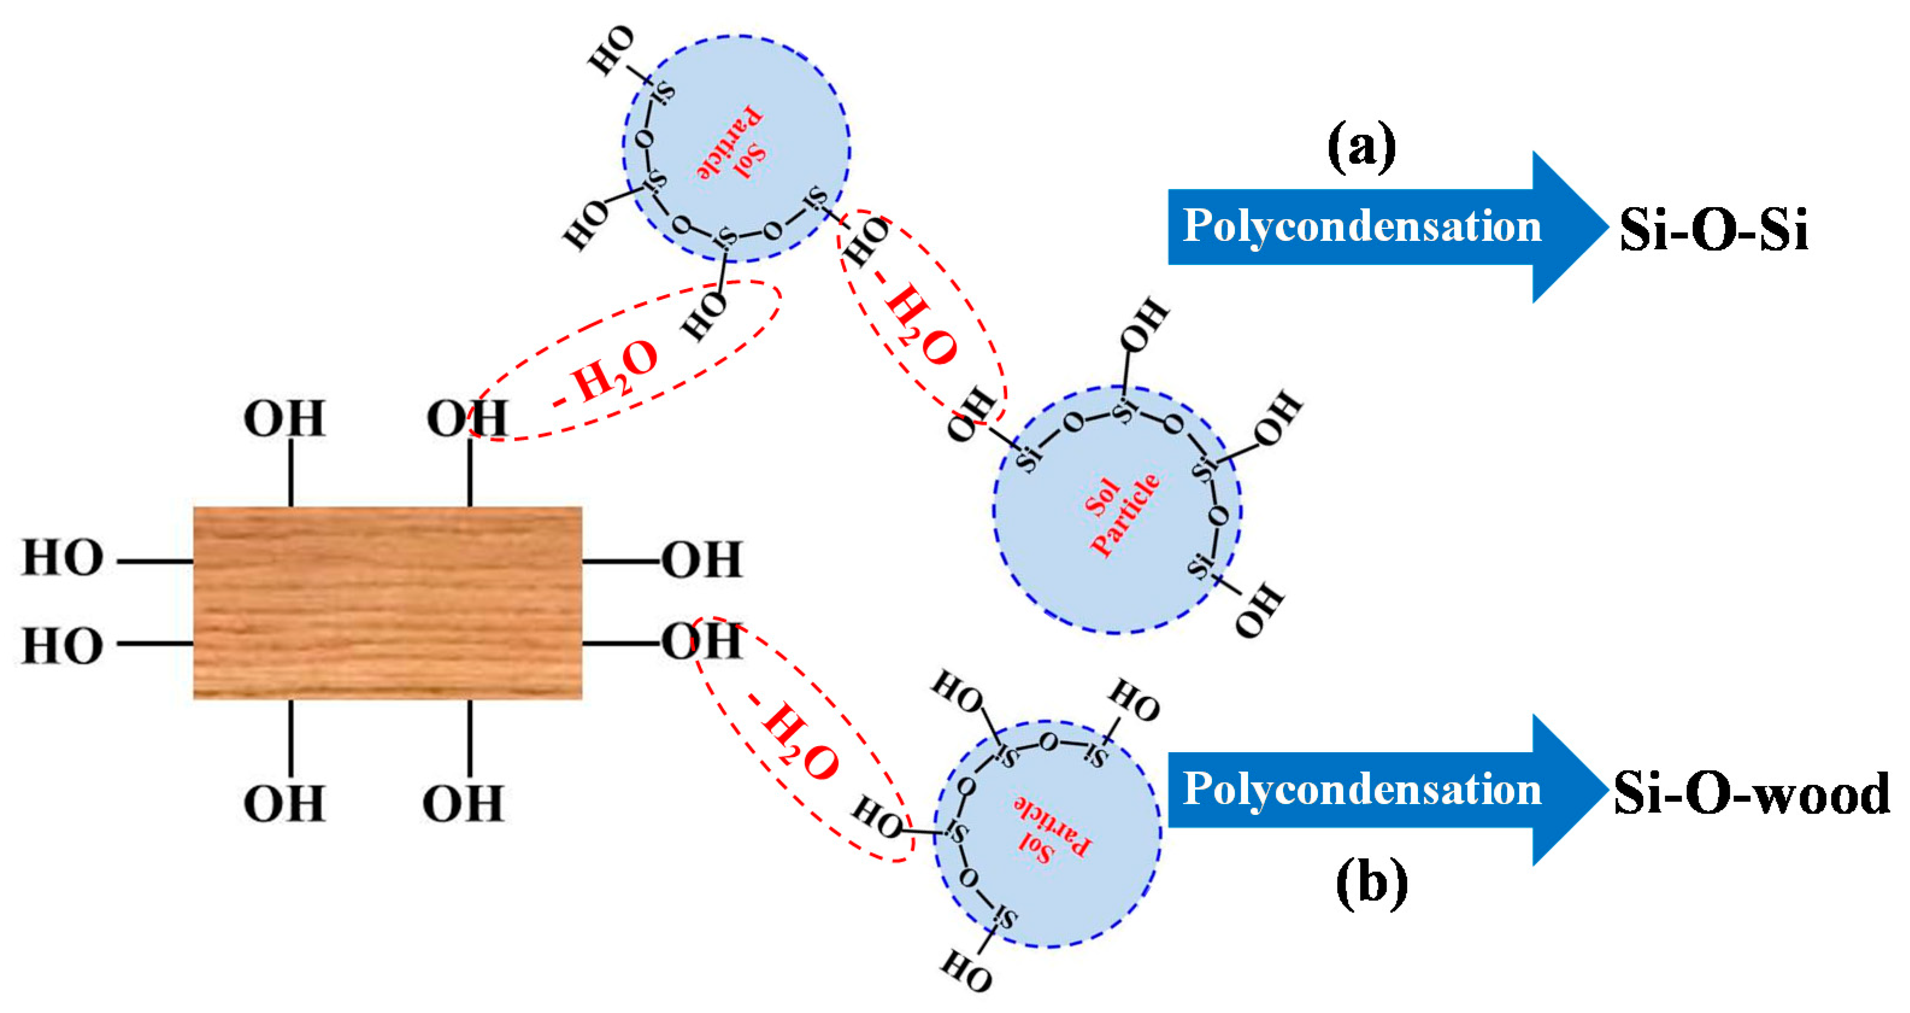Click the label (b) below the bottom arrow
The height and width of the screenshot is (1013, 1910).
click(x=1372, y=882)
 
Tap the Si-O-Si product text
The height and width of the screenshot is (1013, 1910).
click(x=1714, y=230)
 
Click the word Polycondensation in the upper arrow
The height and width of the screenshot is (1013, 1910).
click(x=1361, y=226)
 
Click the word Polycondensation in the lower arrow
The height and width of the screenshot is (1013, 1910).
click(x=1361, y=789)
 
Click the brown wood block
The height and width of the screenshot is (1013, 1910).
click(x=387, y=602)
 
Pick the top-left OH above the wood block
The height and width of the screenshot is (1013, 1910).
click(x=285, y=419)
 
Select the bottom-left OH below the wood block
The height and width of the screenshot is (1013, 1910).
click(x=285, y=803)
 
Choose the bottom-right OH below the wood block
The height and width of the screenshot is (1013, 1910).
click(x=463, y=803)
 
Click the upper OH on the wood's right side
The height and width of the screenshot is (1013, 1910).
click(x=701, y=560)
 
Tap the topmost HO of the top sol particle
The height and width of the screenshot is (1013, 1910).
click(x=611, y=51)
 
